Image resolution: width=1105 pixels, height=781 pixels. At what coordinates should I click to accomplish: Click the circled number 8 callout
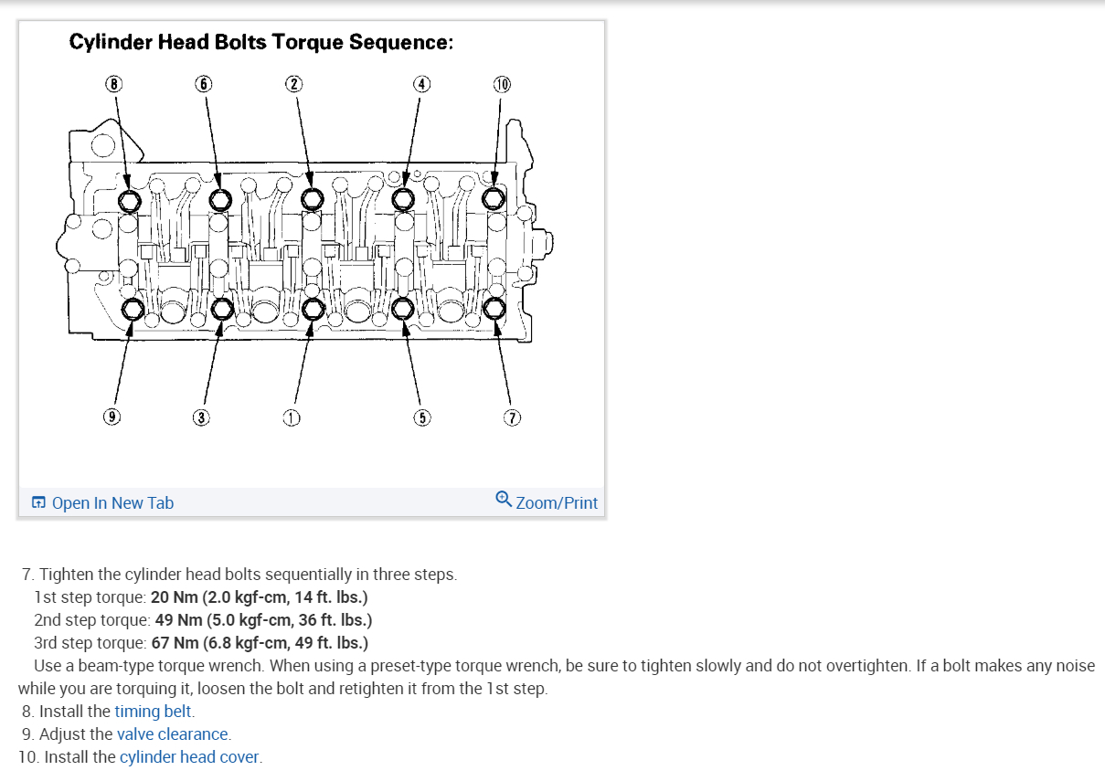coord(113,84)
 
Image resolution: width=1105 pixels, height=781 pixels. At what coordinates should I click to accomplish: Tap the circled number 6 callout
coord(204,84)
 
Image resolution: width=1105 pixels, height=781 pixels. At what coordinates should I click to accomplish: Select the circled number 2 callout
coord(292,84)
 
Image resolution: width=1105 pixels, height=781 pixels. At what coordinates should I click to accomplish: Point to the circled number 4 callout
coord(420,84)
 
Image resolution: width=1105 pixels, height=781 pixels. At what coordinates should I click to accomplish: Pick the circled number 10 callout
coord(502,85)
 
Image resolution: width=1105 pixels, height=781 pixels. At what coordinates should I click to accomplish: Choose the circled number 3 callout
coord(201,418)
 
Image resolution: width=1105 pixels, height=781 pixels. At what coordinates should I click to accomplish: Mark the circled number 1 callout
coord(292,418)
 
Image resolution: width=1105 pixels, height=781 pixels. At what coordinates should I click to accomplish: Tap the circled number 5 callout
coord(421,418)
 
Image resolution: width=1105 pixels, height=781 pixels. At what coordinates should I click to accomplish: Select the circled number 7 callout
coord(513,418)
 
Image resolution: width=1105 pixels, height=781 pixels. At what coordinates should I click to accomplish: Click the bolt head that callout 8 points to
coord(130,199)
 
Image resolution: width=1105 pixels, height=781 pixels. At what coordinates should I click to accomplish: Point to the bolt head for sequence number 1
coord(312,309)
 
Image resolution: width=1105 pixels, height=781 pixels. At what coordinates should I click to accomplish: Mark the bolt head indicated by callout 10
coord(494,198)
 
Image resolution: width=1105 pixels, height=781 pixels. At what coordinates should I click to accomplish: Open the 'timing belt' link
coord(154,711)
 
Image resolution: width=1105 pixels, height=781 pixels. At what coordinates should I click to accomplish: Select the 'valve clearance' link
coord(173,734)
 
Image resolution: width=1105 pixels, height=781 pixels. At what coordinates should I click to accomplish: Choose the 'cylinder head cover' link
coord(189,756)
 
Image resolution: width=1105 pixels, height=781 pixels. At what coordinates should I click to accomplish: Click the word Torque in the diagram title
coord(307,43)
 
